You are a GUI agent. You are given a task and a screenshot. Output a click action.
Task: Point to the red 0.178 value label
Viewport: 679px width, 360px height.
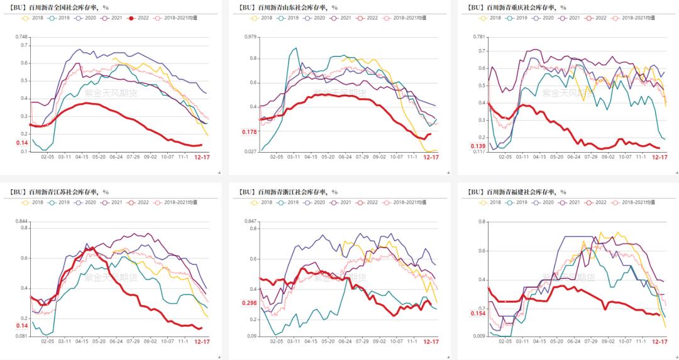click(250, 132)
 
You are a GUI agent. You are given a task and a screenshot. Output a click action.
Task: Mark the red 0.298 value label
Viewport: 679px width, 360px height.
click(250, 303)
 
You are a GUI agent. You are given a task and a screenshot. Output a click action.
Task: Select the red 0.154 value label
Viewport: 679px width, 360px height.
click(478, 314)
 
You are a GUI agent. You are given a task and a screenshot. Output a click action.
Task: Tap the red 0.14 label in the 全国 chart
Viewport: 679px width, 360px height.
click(22, 143)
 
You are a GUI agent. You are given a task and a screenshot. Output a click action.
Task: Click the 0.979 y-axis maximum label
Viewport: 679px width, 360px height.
click(250, 36)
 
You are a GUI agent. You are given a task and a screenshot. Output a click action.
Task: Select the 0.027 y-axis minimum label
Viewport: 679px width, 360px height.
click(250, 152)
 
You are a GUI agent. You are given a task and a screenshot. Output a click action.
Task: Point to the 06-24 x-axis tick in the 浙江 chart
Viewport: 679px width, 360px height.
click(345, 342)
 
